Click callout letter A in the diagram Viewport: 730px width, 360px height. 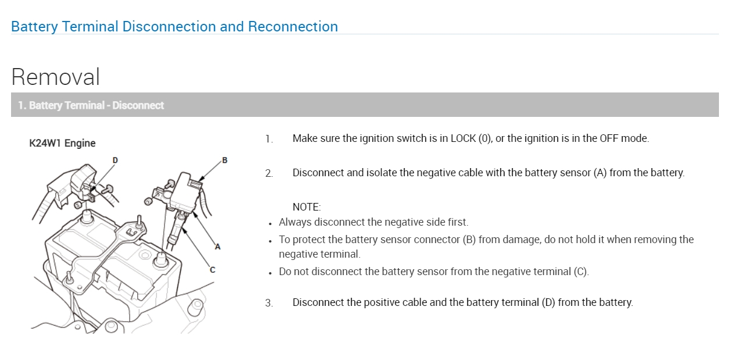point(218,247)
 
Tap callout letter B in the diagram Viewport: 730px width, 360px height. point(224,161)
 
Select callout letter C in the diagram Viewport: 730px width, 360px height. point(212,269)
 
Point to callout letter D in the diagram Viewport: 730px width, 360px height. point(115,160)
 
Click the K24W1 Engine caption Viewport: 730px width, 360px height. point(62,143)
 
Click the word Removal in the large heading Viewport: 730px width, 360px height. point(56,77)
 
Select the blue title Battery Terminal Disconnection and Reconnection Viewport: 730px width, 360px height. point(174,27)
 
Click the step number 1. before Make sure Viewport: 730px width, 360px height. point(269,139)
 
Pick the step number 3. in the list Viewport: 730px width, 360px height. point(269,303)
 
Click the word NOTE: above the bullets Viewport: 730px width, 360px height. point(306,207)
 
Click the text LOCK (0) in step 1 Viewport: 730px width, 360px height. point(471,138)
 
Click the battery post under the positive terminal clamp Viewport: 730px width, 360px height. point(87,216)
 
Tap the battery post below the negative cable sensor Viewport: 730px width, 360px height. point(158,259)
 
